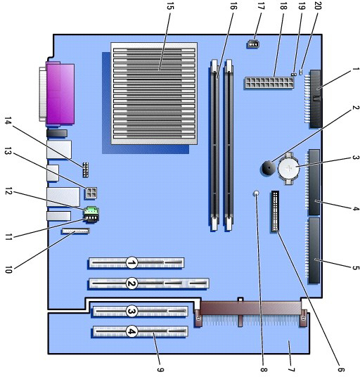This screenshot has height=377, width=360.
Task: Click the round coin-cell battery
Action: point(288,169)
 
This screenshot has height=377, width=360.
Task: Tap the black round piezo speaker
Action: point(267,167)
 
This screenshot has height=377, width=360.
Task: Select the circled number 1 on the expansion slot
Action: point(131,262)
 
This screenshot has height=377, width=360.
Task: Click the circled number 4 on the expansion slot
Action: point(131,331)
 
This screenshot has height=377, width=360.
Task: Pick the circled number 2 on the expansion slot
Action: point(131,283)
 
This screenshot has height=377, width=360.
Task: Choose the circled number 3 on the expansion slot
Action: point(131,312)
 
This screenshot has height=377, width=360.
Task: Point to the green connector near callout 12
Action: point(91,210)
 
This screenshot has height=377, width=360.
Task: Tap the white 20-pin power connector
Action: point(269,83)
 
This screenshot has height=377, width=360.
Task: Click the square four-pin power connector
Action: point(91,193)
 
